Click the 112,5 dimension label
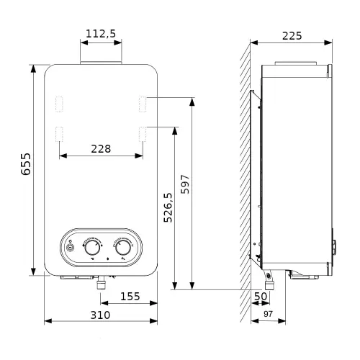click(101, 34)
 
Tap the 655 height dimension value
click(26, 164)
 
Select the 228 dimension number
click(101, 149)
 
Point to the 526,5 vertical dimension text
click(168, 207)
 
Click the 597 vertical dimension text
click(185, 184)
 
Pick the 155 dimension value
click(130, 297)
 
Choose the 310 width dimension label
click(100, 315)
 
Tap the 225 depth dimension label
click(292, 36)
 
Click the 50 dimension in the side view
click(261, 297)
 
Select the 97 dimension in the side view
click(268, 314)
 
